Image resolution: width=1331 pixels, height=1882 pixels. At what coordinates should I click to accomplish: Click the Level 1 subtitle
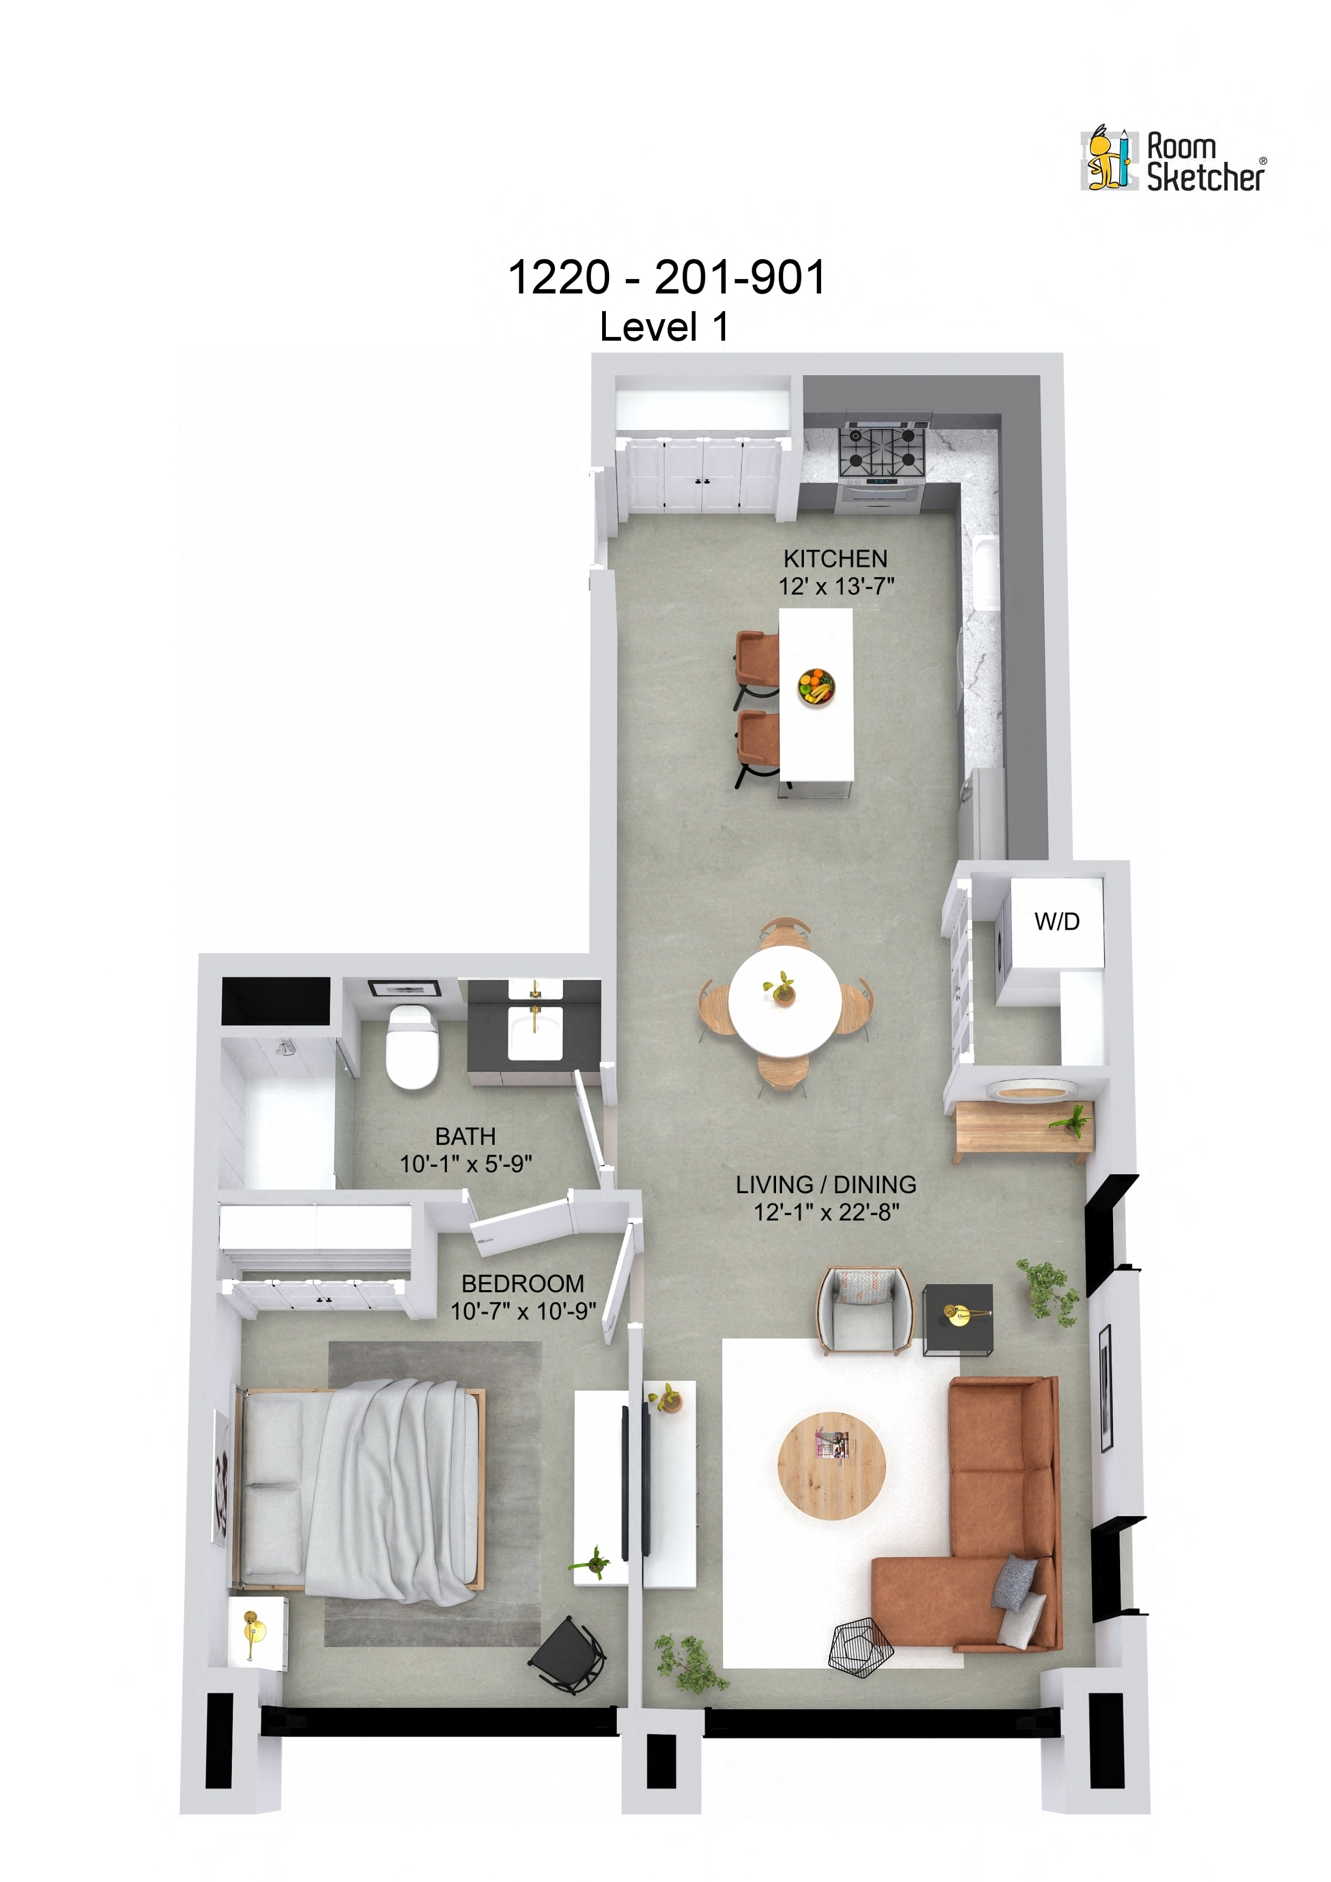click(x=664, y=327)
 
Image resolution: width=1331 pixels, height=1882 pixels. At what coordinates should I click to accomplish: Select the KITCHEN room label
click(x=835, y=559)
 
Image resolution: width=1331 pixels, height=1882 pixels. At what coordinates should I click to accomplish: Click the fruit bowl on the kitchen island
click(x=816, y=686)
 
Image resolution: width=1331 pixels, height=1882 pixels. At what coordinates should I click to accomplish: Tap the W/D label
click(x=1056, y=921)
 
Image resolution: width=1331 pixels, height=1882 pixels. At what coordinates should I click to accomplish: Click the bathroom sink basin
click(x=534, y=1033)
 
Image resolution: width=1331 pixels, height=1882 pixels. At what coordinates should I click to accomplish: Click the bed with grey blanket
click(x=360, y=1488)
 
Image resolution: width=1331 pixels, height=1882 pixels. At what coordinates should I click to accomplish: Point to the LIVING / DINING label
click(x=825, y=1185)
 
